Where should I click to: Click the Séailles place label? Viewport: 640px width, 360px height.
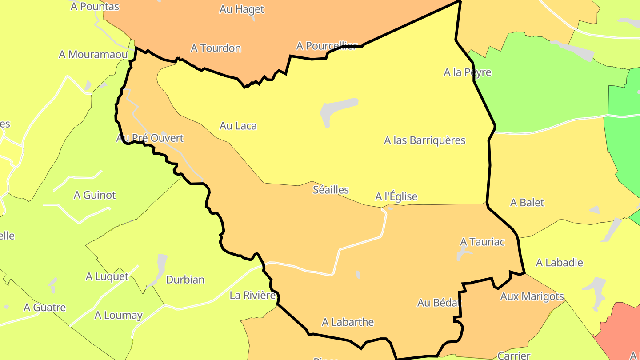pos(331,190)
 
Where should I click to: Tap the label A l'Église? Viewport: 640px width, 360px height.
pos(396,196)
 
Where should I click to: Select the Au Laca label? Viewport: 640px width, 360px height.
pos(238,126)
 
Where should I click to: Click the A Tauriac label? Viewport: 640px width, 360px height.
pos(482,242)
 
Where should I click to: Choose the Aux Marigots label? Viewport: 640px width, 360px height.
pos(532,296)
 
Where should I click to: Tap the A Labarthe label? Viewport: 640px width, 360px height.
pos(348,322)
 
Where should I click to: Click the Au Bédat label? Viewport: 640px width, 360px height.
pos(437,303)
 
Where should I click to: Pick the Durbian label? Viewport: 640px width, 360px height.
pos(185,280)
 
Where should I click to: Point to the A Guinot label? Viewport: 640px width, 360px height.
pos(95,195)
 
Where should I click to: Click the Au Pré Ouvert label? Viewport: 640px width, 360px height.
pos(150,138)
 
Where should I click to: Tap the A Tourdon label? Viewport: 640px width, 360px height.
pos(216,48)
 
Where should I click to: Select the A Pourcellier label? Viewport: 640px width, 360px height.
pos(326,46)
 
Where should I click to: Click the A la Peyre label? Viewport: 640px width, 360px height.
pos(467,72)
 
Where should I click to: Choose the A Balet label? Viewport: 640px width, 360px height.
pos(527,203)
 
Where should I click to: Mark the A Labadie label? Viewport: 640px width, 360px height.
pos(559,263)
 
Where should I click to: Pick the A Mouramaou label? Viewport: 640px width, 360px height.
pos(93,55)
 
